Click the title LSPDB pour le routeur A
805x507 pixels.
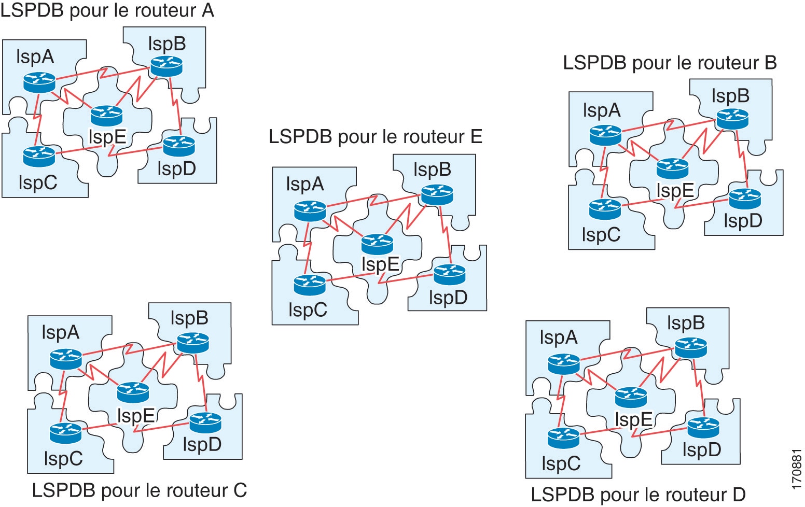[x=107, y=10]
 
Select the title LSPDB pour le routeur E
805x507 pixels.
[x=376, y=137]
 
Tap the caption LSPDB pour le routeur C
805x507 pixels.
[x=140, y=490]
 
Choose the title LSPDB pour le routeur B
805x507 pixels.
[x=670, y=63]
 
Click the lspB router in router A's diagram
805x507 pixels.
[x=166, y=66]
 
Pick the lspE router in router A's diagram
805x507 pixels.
[x=106, y=115]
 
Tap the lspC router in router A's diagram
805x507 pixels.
[x=39, y=156]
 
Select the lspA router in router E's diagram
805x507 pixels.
[x=310, y=210]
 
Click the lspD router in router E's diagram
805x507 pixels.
[x=450, y=274]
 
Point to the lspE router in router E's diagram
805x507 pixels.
[x=377, y=244]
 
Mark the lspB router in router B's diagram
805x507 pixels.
[x=732, y=119]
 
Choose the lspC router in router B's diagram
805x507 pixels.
[x=605, y=209]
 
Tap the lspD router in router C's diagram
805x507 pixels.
[x=205, y=422]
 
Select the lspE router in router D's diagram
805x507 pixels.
[x=631, y=397]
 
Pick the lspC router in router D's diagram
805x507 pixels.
[x=563, y=438]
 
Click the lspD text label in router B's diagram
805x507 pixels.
[x=743, y=221]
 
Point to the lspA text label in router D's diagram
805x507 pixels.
[x=558, y=337]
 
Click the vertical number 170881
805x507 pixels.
[x=797, y=469]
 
